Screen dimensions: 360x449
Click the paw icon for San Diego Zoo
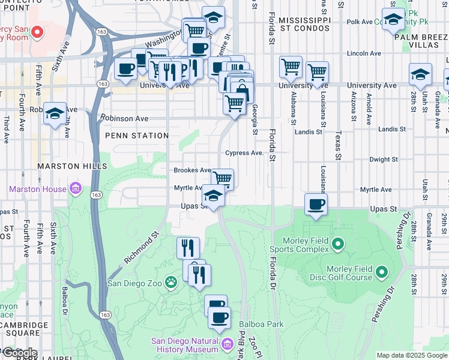(171, 281)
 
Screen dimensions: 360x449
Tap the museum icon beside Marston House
(76, 189)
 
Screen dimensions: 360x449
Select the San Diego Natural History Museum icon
(228, 344)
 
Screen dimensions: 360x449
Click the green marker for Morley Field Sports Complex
(338, 244)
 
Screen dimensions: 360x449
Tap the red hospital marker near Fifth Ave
(37, 31)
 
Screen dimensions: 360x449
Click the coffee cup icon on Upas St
(316, 204)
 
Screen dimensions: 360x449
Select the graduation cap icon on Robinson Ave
(55, 112)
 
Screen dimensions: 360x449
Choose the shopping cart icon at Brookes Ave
(223, 178)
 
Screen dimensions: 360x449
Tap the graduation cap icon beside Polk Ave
(393, 19)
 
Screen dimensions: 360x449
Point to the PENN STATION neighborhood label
(137, 136)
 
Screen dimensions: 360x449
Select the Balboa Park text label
(261, 324)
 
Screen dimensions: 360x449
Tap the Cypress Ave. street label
(244, 153)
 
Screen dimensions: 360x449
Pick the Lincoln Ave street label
(367, 53)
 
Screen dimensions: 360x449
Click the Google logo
(19, 353)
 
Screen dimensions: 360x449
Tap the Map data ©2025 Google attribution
(411, 355)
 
